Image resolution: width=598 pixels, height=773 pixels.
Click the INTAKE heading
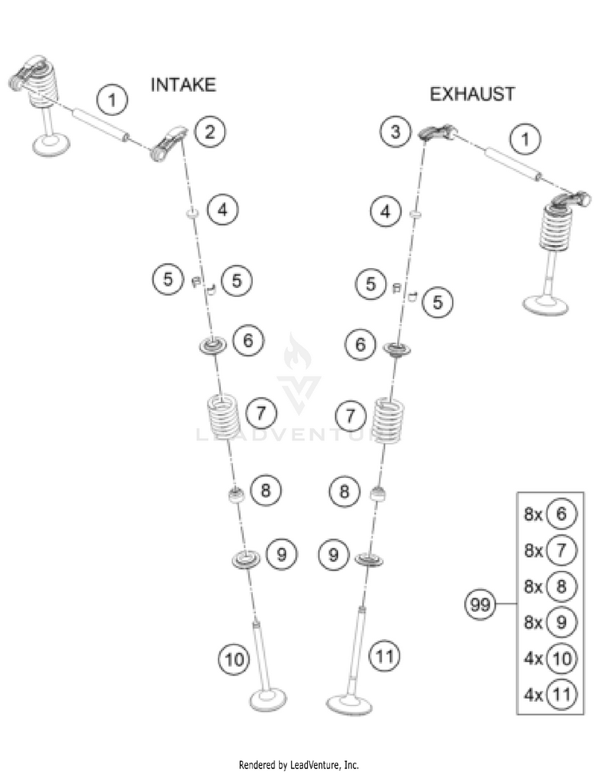coord(183,84)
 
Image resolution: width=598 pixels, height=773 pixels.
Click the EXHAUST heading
coord(472,94)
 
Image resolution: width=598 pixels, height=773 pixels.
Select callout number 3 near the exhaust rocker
coord(395,132)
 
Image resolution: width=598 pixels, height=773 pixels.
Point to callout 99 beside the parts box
coord(480,605)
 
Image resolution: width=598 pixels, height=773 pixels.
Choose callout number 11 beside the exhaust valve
coord(385,657)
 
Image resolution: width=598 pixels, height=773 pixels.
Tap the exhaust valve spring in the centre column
coord(388,418)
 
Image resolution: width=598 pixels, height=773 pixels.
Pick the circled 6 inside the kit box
coord(561,515)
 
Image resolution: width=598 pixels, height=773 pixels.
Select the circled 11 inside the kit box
coord(561,694)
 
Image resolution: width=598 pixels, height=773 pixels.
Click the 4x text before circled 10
coord(533,659)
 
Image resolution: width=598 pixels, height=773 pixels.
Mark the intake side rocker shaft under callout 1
coord(100,125)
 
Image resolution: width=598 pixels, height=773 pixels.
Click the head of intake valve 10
coord(271,701)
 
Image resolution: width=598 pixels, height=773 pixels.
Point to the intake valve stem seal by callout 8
coord(235,495)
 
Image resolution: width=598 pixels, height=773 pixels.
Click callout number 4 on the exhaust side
coord(387,212)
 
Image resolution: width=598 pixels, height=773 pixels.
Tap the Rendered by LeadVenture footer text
coord(299,764)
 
